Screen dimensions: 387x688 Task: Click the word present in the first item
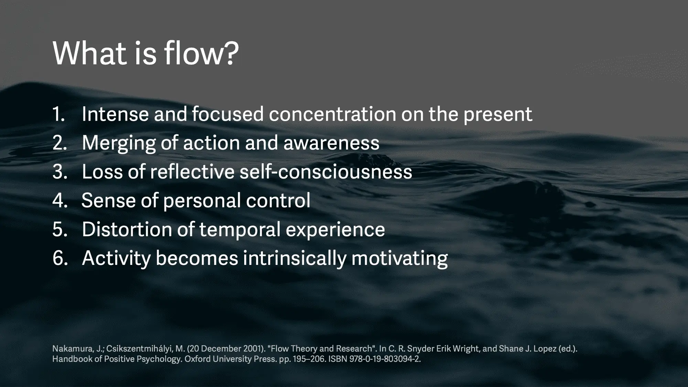click(498, 115)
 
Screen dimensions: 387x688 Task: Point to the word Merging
click(118, 143)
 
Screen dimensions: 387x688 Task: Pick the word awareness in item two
click(331, 143)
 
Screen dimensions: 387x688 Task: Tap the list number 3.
click(60, 172)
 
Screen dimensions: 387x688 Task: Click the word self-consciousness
click(326, 172)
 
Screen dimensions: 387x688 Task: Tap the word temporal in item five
click(240, 230)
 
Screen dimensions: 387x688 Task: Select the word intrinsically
click(294, 259)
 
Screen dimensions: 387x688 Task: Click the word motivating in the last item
click(399, 259)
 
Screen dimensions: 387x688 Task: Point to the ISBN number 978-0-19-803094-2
click(385, 359)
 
